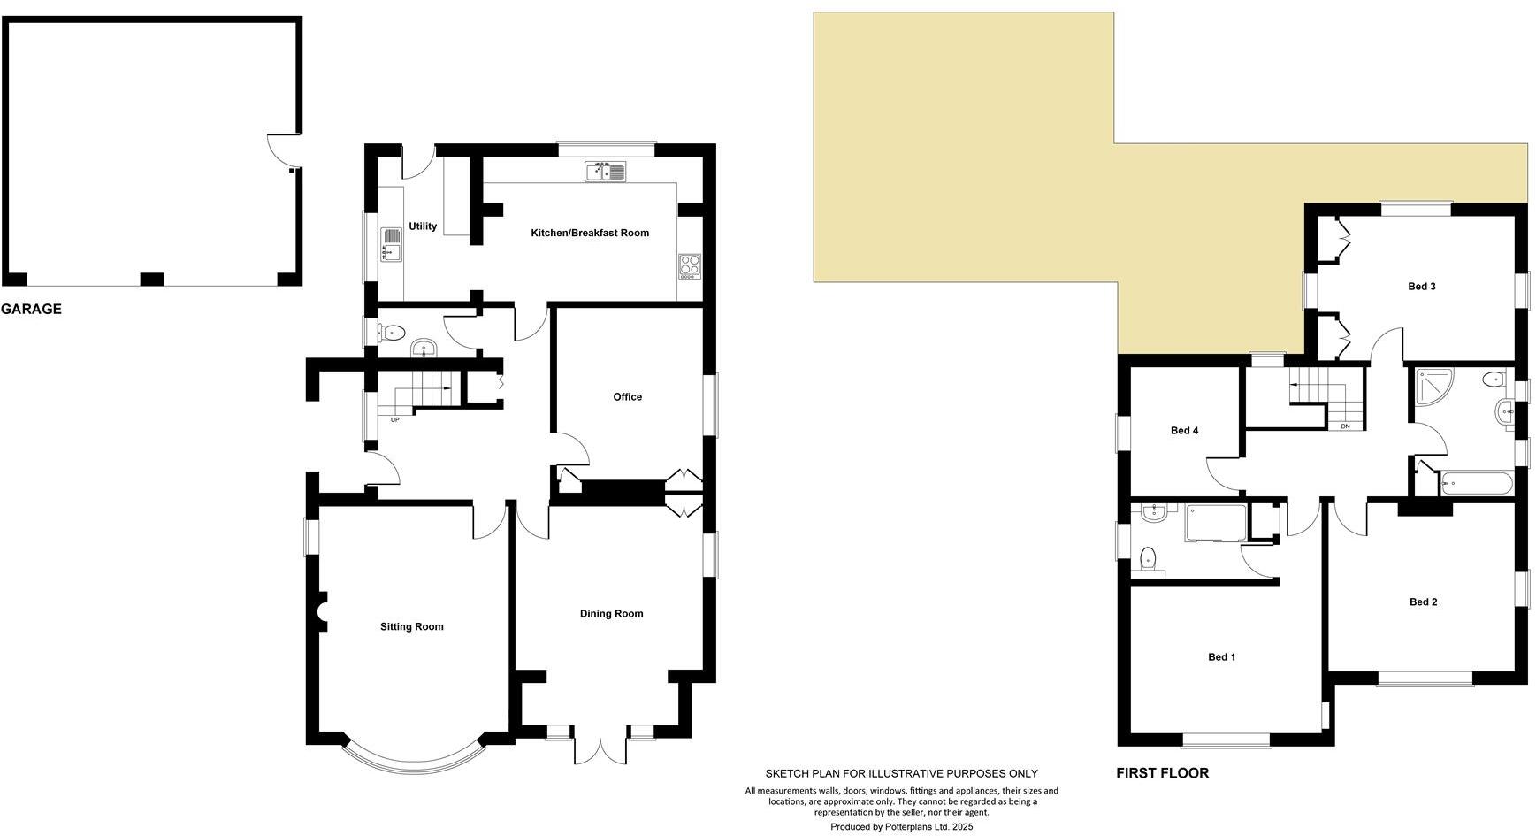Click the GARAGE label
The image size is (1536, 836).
click(x=32, y=309)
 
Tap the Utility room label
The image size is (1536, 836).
click(x=423, y=226)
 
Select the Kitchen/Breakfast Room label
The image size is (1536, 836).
click(x=589, y=234)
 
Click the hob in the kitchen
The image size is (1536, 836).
click(x=689, y=265)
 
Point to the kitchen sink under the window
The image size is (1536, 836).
click(x=605, y=172)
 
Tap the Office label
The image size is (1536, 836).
click(x=627, y=397)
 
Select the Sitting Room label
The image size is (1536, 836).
click(x=411, y=627)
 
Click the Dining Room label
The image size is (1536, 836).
click(x=611, y=614)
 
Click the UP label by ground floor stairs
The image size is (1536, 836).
click(x=394, y=419)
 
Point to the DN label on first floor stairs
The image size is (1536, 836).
click(x=1345, y=426)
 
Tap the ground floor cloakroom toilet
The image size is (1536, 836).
click(x=392, y=334)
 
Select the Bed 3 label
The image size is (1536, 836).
click(x=1421, y=287)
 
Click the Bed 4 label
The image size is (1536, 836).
click(x=1184, y=431)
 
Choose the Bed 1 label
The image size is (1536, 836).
click(x=1221, y=657)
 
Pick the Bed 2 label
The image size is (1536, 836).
click(x=1423, y=602)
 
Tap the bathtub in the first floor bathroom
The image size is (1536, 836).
click(x=1476, y=483)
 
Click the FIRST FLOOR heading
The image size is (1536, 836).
click(x=1161, y=773)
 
